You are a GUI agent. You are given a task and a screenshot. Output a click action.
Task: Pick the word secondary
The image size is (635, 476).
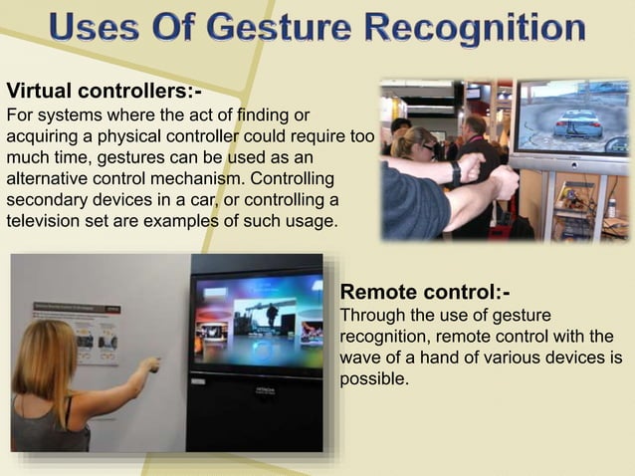tap(48, 200)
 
